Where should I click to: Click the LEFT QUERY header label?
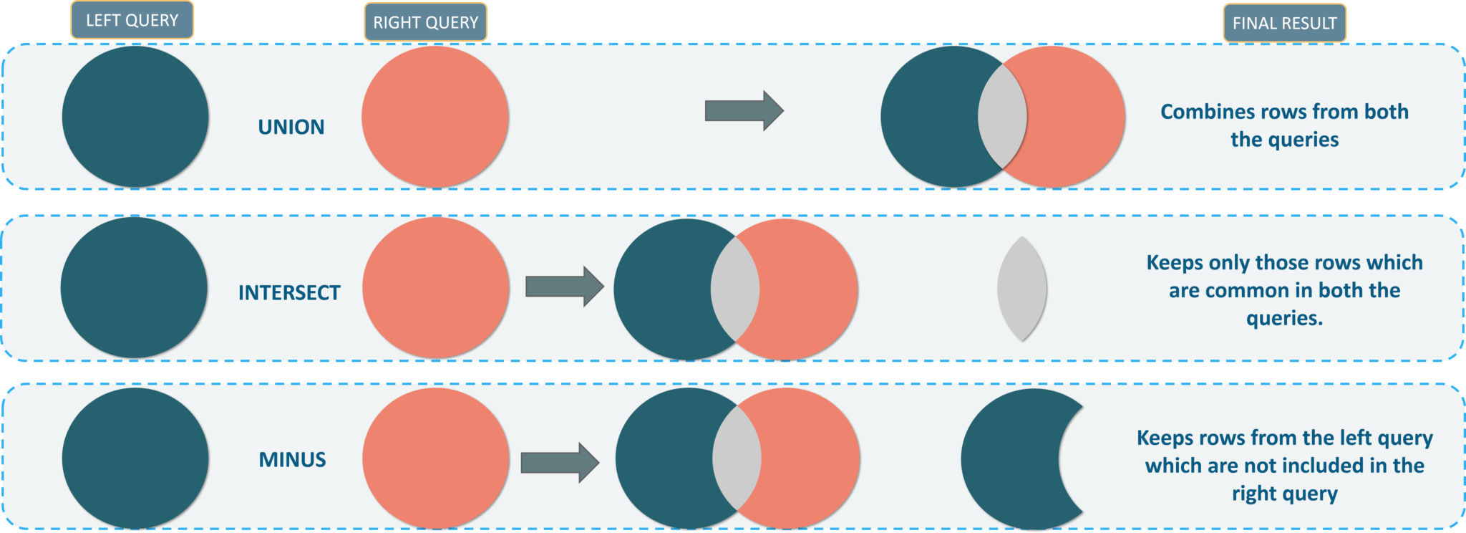(132, 21)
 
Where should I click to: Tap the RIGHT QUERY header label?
(425, 23)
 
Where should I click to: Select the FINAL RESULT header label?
(1284, 24)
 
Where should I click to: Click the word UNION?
(291, 128)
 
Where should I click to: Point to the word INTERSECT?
(289, 293)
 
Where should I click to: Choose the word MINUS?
(292, 460)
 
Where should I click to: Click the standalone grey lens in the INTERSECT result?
(1022, 289)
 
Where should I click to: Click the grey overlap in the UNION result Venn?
(1003, 117)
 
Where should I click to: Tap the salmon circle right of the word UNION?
(435, 117)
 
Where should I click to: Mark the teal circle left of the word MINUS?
(135, 458)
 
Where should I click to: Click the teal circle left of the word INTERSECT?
(135, 288)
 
